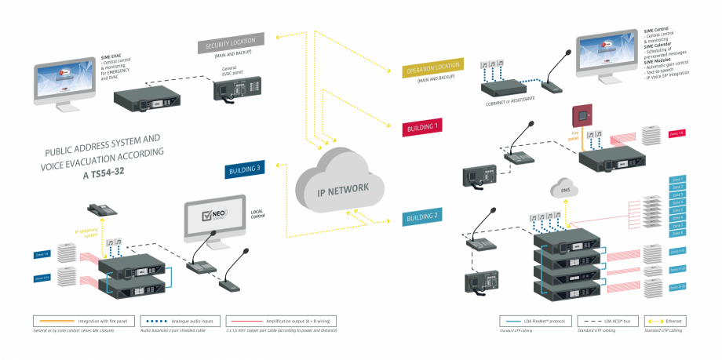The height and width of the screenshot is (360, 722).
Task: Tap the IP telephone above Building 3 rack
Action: (x=102, y=210)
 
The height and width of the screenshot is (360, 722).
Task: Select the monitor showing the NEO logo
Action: (x=213, y=220)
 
